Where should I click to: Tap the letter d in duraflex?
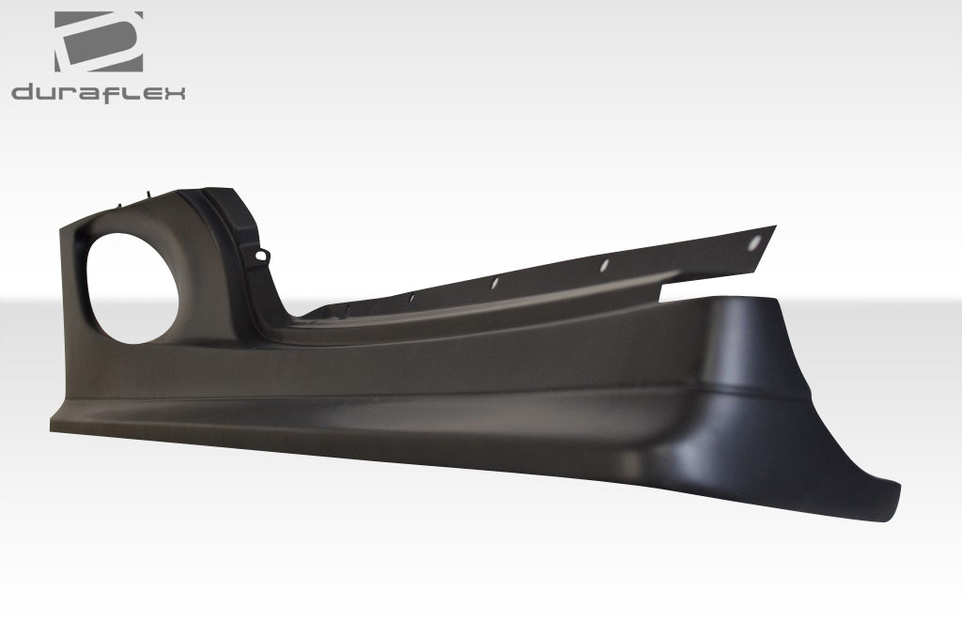point(24,92)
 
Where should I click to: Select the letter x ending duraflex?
point(174,92)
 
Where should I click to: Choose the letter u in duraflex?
point(46,92)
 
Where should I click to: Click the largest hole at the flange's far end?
point(754,242)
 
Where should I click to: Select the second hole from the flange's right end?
point(606,266)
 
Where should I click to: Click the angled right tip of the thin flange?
point(774,227)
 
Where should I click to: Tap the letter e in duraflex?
point(152,92)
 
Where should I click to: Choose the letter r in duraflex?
point(69,92)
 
